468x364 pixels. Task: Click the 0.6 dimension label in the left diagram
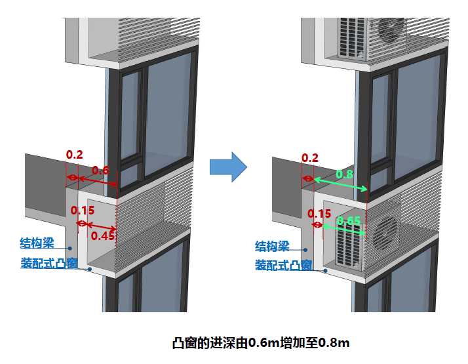[x=100, y=170]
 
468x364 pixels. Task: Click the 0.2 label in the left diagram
[x=75, y=155]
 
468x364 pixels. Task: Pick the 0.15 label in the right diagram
[x=319, y=213]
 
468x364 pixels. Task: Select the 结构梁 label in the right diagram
[x=272, y=247]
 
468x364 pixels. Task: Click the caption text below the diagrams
[x=261, y=342]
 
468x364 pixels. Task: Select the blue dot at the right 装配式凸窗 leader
[x=324, y=268]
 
